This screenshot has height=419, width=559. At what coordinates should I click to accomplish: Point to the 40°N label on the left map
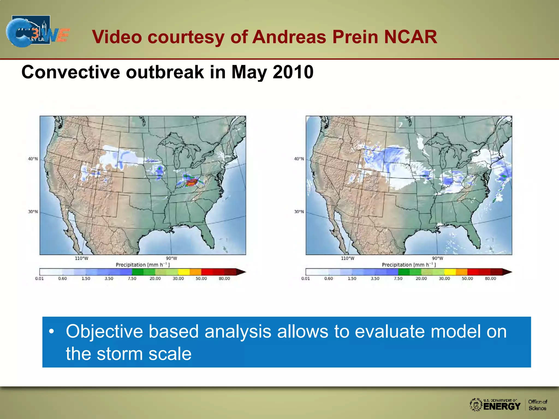pyautogui.click(x=33, y=159)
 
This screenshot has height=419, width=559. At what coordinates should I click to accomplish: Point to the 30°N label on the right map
pyautogui.click(x=299, y=211)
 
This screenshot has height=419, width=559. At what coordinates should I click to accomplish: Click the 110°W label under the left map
pyautogui.click(x=82, y=258)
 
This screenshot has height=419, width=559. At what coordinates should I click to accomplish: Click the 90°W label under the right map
pyautogui.click(x=438, y=258)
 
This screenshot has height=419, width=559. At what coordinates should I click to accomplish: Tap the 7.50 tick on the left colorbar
pyautogui.click(x=132, y=279)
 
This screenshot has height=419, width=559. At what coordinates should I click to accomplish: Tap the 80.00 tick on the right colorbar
pyautogui.click(x=490, y=279)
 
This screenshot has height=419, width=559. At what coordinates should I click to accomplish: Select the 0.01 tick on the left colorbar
pyautogui.click(x=39, y=279)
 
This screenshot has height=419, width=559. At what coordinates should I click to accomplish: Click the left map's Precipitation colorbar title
pyautogui.click(x=142, y=265)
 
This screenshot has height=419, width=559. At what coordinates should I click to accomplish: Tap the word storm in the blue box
pyautogui.click(x=119, y=354)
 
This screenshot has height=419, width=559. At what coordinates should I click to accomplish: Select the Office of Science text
pyautogui.click(x=537, y=405)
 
